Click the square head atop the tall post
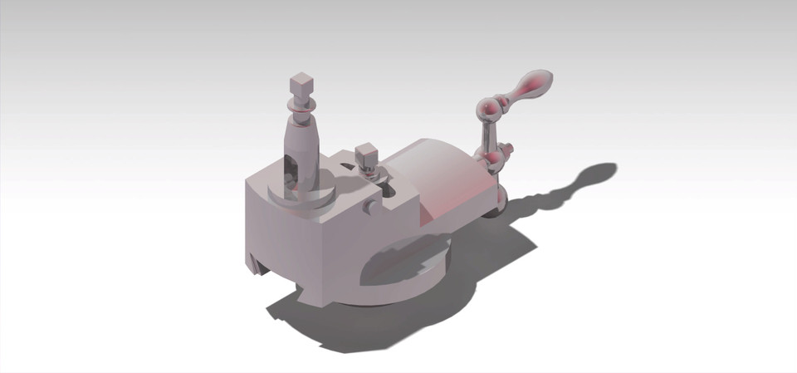coord(301,84)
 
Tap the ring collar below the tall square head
coord(301,106)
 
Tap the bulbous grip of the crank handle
coord(531,85)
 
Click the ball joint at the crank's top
coord(488,108)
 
